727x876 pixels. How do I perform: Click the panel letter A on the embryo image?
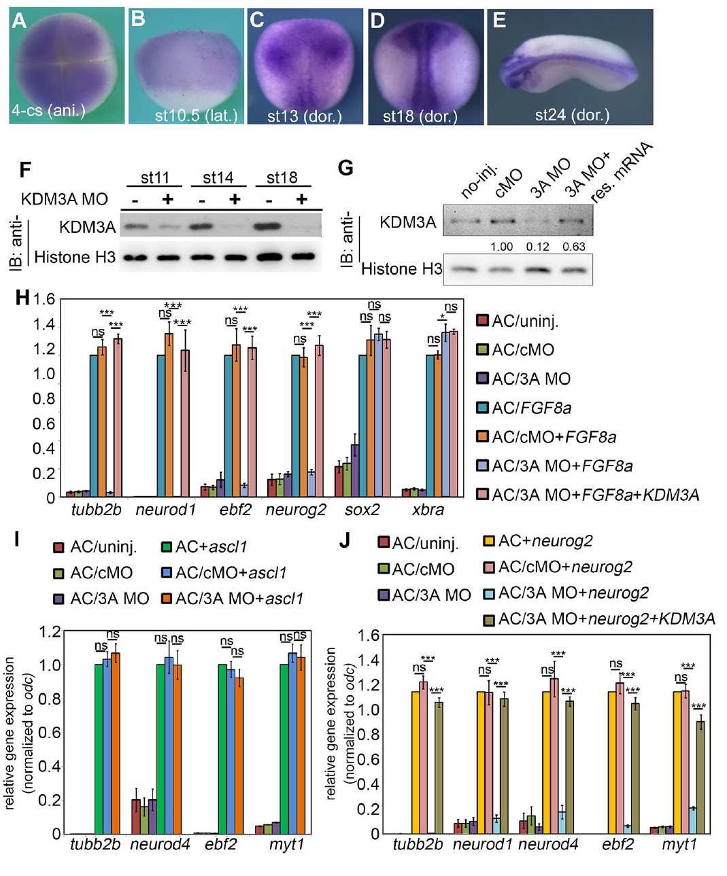coord(19,21)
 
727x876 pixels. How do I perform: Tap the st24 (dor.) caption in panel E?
coord(571,115)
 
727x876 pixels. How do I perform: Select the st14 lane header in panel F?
coord(218,177)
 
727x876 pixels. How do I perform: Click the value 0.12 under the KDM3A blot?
coord(537,247)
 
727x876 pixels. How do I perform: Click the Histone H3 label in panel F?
coord(75,257)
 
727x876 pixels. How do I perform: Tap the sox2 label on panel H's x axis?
coord(362,509)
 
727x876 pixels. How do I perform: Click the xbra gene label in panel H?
coord(428,509)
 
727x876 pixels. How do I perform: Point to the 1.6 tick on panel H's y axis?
coord(44,300)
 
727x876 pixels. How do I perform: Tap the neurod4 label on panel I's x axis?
coord(156,844)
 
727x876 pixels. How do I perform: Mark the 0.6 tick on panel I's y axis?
coord(52,733)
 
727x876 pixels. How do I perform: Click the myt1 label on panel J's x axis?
coord(679,844)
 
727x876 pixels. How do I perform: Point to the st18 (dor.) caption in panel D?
coord(420,116)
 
